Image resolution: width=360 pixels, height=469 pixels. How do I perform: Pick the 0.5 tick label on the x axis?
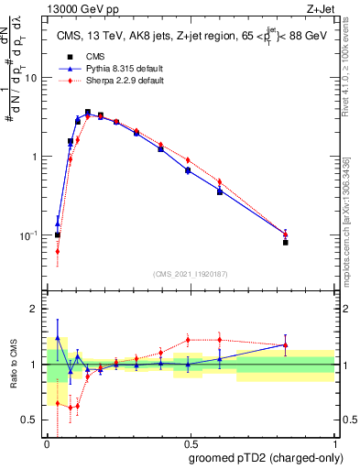[191, 443]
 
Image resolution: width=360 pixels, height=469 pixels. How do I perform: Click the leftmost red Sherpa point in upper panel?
[58, 251]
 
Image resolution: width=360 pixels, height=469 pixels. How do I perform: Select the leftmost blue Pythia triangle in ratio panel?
[58, 336]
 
